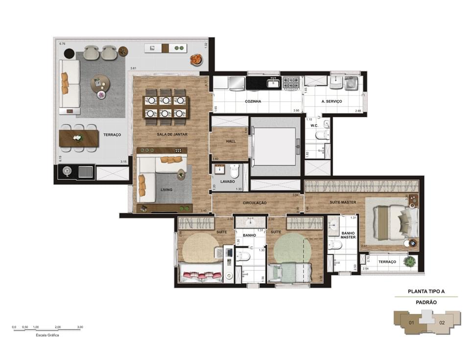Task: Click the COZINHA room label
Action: tap(253, 101)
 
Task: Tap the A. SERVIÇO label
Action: tap(331, 101)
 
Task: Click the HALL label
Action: tap(231, 141)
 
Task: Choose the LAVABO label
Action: tap(228, 181)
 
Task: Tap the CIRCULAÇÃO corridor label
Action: tap(255, 202)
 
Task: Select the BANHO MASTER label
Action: tap(348, 235)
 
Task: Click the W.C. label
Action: tap(315, 125)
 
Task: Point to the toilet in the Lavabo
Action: tap(235, 171)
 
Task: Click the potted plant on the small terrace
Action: tap(409, 262)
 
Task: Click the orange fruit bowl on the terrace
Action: tap(196, 59)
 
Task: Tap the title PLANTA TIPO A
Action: tap(426, 291)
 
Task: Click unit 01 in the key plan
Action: tap(412, 323)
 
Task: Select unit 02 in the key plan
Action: tap(442, 323)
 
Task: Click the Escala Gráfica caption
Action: tap(47, 336)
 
